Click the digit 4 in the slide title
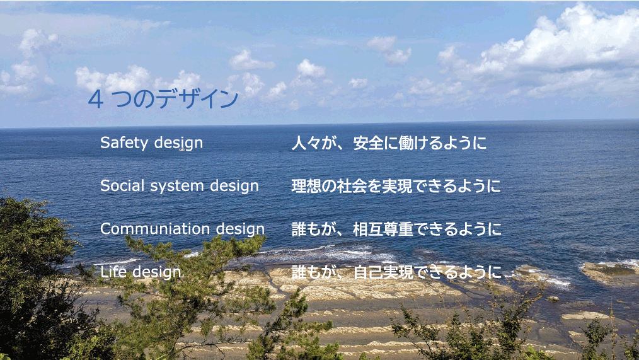click(x=95, y=100)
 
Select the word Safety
click(x=124, y=143)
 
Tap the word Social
click(x=122, y=185)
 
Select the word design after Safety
click(x=178, y=144)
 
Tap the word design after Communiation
click(x=240, y=229)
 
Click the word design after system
click(x=234, y=187)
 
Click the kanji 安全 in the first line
click(x=369, y=143)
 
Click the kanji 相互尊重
click(x=384, y=229)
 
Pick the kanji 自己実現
click(x=384, y=272)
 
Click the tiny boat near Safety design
click(x=181, y=149)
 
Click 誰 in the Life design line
click(x=299, y=272)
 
